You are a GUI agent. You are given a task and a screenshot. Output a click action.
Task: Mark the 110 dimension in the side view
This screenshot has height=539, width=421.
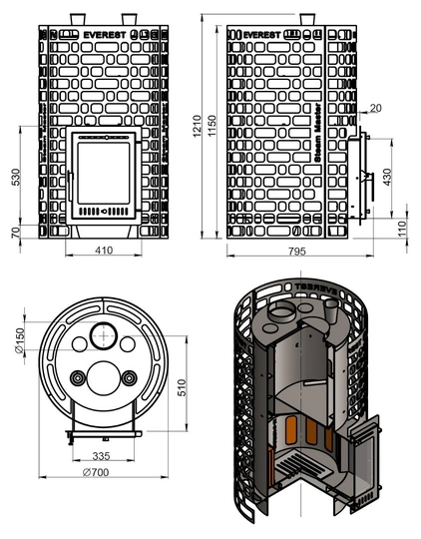[x=401, y=229]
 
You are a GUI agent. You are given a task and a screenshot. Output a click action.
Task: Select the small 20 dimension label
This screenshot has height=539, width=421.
[x=374, y=107]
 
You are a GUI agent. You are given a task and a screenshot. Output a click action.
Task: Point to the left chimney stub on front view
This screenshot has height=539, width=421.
[x=76, y=19]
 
